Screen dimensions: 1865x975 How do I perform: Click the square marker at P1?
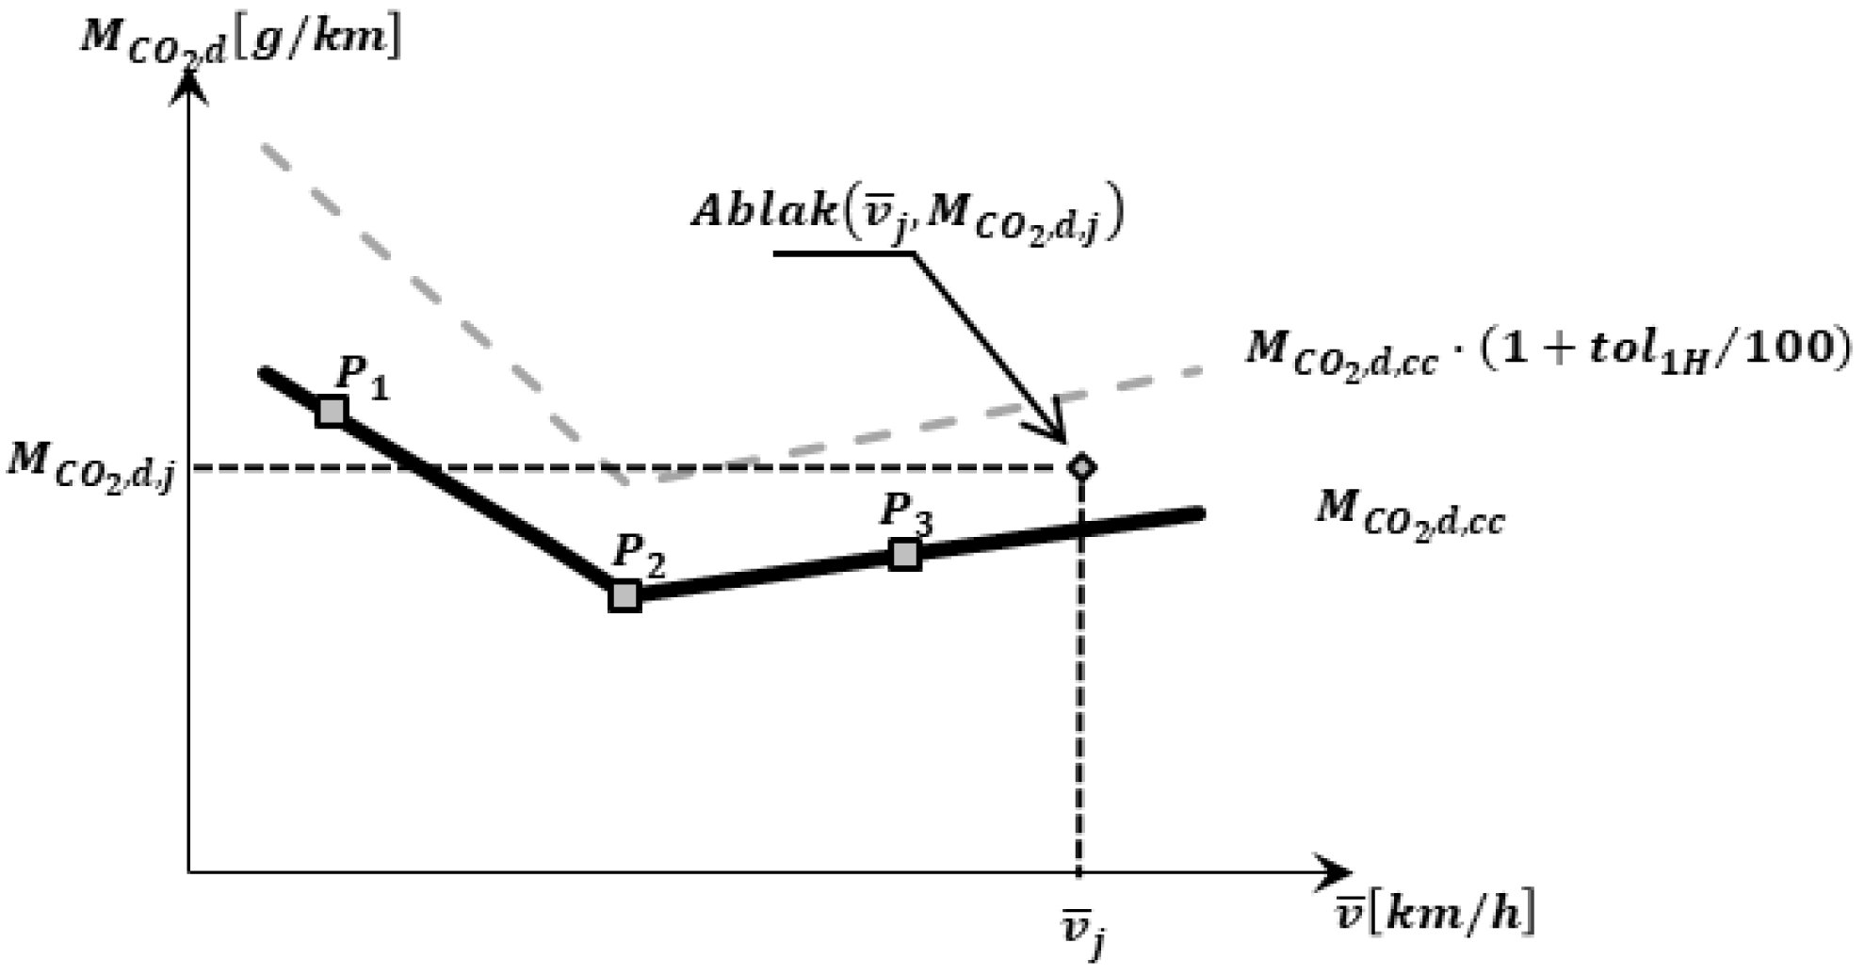tap(331, 412)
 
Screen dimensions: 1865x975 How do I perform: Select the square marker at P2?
tap(624, 596)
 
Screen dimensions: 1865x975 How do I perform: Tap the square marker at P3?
tap(905, 555)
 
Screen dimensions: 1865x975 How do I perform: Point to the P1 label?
tap(362, 379)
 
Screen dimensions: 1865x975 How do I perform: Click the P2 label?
tap(639, 556)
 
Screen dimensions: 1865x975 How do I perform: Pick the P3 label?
tap(906, 514)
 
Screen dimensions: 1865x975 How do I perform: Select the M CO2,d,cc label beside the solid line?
tap(1410, 514)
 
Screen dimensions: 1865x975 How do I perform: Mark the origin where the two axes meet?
tap(190, 871)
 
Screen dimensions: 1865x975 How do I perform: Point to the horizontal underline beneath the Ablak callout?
tap(844, 252)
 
